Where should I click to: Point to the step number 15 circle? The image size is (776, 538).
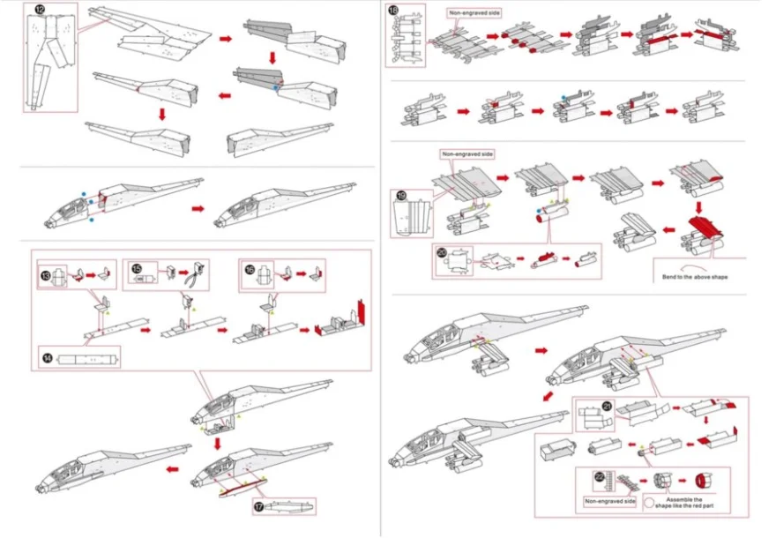pos(137,268)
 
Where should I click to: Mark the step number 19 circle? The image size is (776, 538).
pos(400,197)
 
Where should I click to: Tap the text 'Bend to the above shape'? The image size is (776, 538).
pos(697,277)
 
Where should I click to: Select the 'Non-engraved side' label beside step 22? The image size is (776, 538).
pos(608,502)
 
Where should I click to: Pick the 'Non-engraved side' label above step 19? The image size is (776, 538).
pos(467,153)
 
